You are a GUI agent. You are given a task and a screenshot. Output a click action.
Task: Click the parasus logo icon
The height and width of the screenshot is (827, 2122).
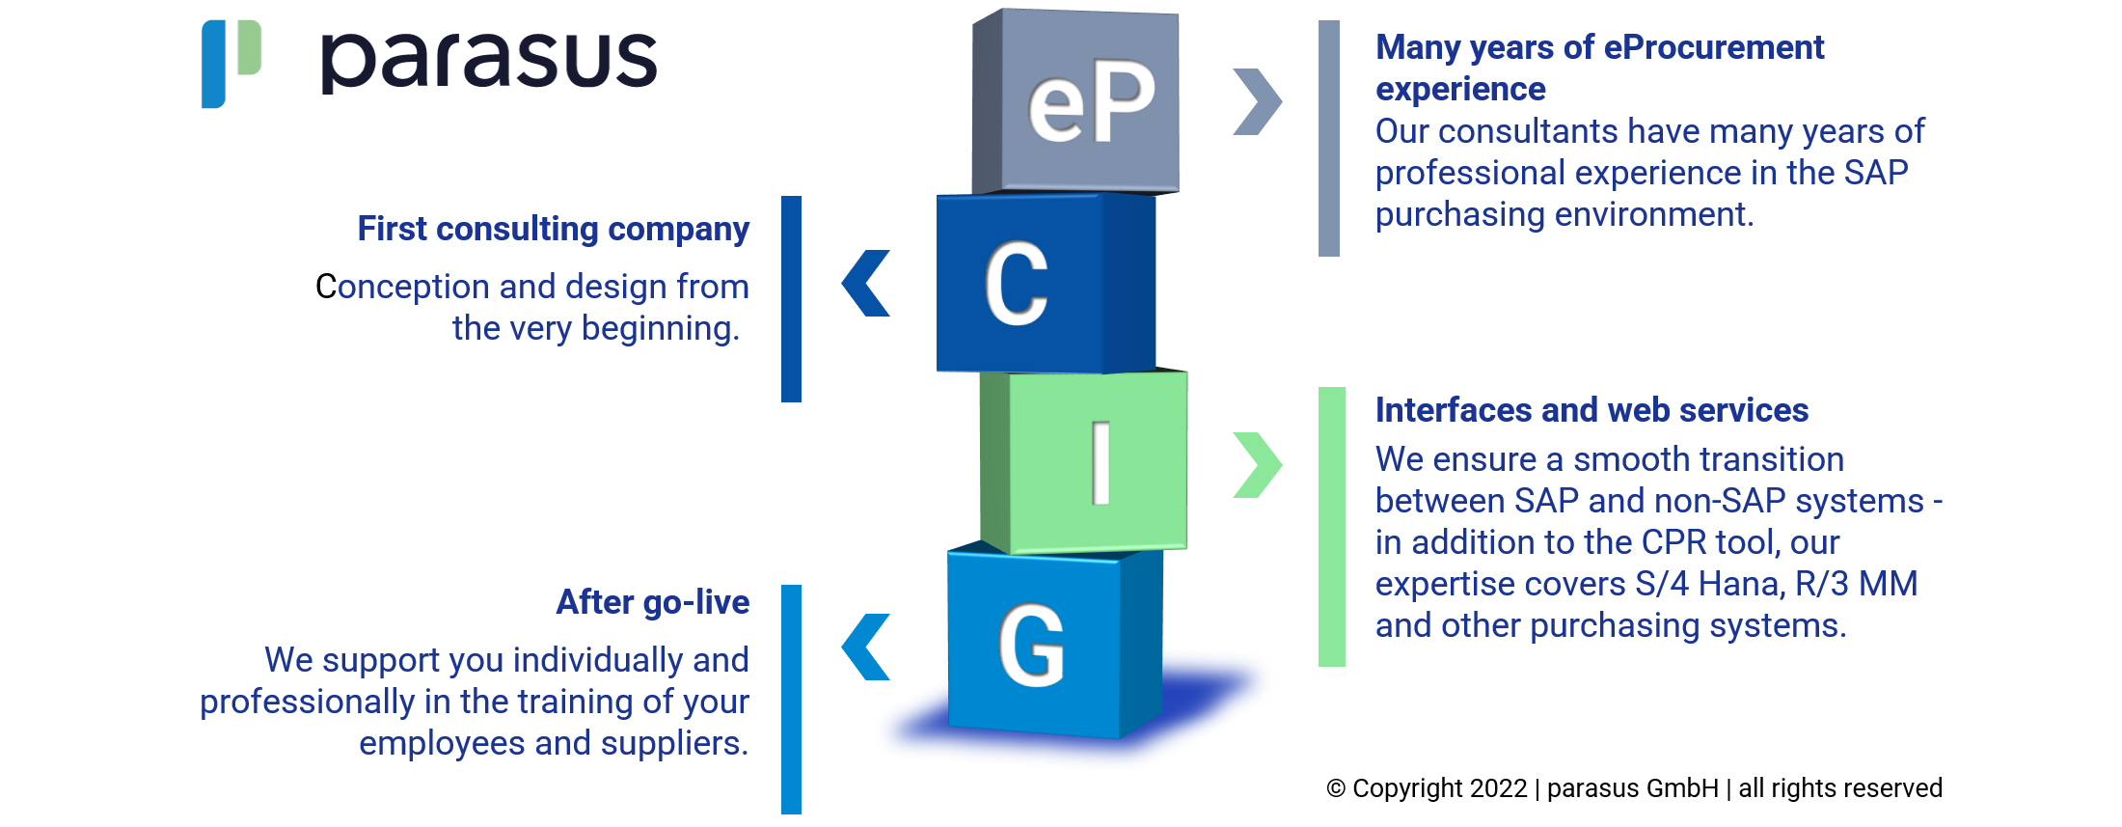[231, 63]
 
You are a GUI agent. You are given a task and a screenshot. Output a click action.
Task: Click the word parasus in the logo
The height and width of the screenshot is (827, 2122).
[489, 61]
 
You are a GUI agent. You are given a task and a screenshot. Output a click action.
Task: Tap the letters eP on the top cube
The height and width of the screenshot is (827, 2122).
[1091, 101]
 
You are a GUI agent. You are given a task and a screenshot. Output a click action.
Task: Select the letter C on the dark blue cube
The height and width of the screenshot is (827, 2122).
[1017, 283]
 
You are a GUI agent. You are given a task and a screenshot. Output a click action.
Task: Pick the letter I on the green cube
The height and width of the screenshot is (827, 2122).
[1101, 463]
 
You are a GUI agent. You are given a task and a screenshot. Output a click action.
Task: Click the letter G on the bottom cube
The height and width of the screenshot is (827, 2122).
[1031, 646]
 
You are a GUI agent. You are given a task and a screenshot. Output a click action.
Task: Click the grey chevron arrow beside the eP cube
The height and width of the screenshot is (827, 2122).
[1258, 101]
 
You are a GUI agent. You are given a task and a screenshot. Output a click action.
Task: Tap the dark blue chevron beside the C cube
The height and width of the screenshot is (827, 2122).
[865, 283]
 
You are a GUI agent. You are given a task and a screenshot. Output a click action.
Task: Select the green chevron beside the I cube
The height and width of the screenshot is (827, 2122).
[1258, 464]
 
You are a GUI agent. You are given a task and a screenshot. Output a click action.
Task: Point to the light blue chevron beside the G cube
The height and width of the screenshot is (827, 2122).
[865, 647]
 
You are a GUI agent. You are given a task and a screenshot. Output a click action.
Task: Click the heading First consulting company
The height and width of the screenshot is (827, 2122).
[554, 230]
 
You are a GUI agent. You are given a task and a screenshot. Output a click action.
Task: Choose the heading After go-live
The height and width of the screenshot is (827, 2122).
[653, 602]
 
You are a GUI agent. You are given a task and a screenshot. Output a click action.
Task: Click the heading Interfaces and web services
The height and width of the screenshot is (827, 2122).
[1591, 410]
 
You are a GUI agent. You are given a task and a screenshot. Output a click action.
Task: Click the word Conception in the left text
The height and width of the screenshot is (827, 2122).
[403, 288]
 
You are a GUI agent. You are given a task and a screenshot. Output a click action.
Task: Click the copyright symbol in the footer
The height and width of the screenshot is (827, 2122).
[1336, 788]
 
